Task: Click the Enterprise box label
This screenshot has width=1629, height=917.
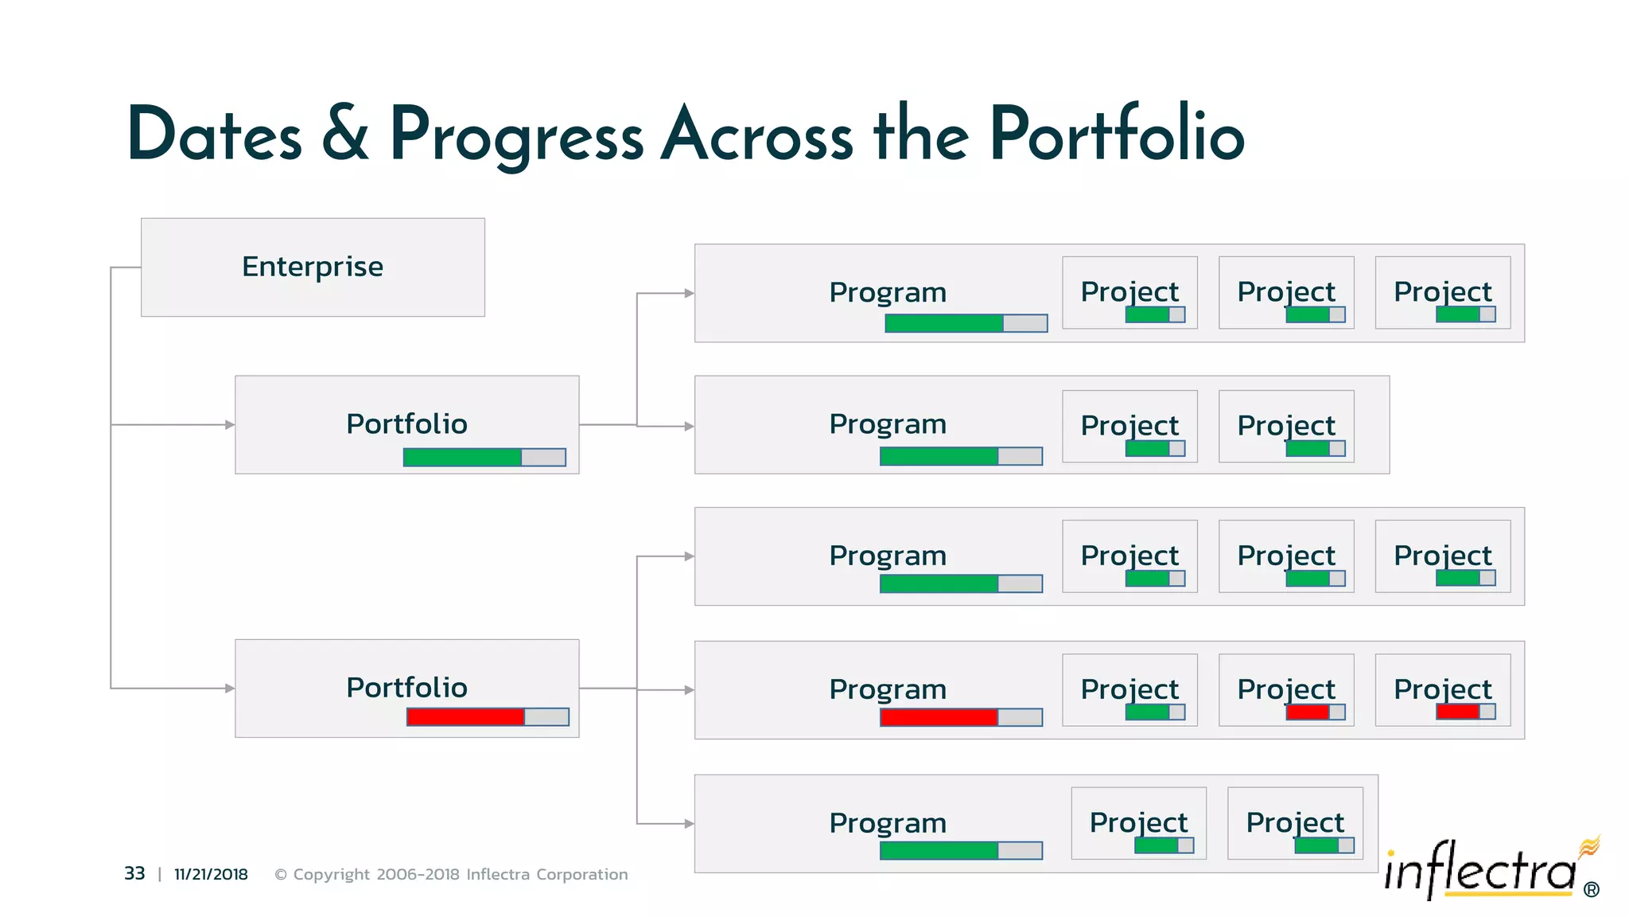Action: click(312, 267)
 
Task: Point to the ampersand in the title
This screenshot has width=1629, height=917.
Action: click(345, 134)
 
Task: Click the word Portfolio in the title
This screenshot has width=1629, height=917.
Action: click(1116, 134)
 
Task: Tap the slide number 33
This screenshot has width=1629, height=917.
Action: click(134, 873)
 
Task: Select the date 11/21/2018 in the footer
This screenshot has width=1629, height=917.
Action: click(211, 874)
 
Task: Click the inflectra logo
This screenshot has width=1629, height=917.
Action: click(1481, 870)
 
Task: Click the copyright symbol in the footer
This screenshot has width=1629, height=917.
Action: click(281, 875)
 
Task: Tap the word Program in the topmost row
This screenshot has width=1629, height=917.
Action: click(888, 292)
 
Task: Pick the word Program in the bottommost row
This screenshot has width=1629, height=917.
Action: click(888, 822)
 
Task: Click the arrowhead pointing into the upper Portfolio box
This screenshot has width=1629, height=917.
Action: click(230, 424)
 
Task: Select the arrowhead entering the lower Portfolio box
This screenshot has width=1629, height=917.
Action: click(230, 688)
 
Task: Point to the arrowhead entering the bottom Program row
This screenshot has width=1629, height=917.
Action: click(689, 823)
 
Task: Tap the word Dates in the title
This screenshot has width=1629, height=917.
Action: click(214, 134)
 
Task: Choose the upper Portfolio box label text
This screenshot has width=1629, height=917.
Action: click(406, 423)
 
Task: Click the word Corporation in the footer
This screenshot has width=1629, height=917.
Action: click(581, 874)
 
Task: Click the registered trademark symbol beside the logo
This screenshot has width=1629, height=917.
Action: click(1592, 890)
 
